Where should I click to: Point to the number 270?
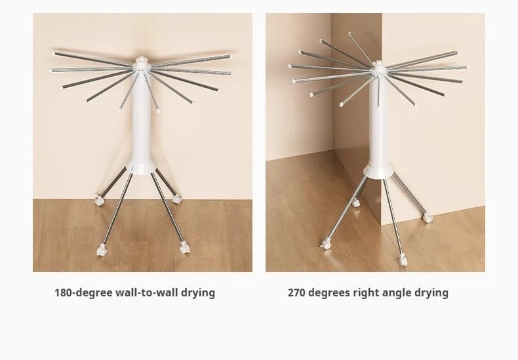[x=297, y=292]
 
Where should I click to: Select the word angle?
[x=399, y=292]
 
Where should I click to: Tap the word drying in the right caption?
[x=431, y=292]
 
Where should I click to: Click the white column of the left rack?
[x=142, y=125]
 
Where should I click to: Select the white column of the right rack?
[x=379, y=125]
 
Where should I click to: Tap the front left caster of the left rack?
[x=102, y=249]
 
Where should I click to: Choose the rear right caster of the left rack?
[x=178, y=196]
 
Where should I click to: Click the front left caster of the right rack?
[x=326, y=243]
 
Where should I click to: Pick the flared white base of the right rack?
[x=379, y=169]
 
